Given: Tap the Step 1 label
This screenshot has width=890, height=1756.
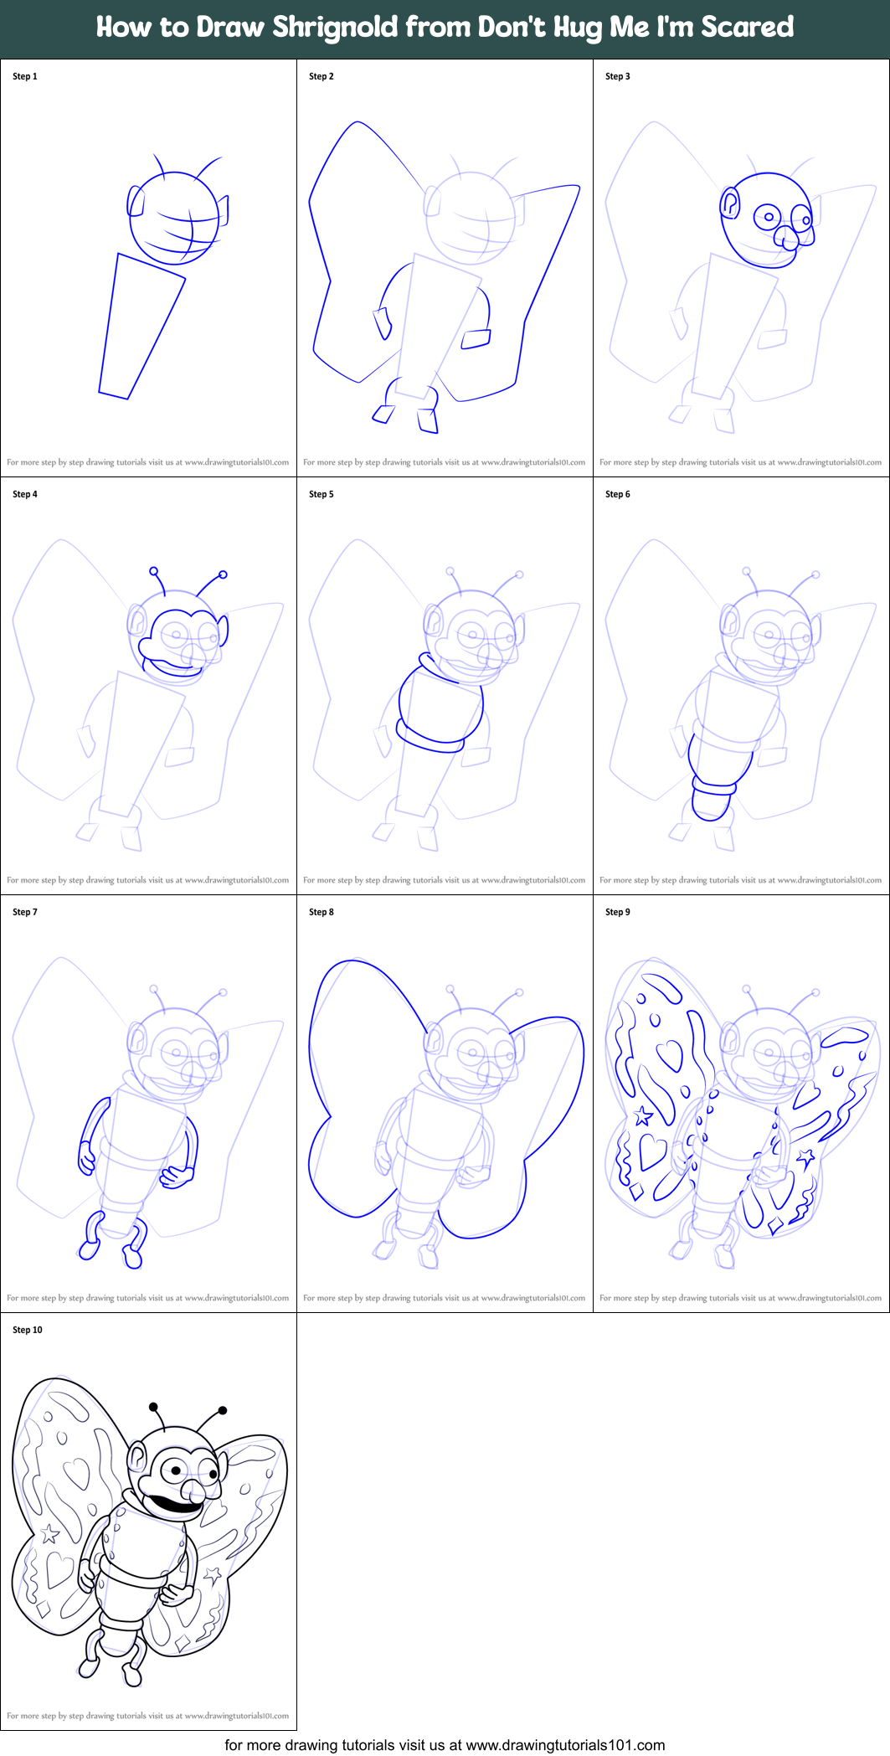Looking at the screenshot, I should [x=25, y=76].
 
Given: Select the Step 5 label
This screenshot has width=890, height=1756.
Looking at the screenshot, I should [x=321, y=494].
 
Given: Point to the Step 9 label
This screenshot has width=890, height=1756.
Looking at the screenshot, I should [x=617, y=912].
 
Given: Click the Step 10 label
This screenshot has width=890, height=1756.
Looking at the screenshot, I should [x=27, y=1330].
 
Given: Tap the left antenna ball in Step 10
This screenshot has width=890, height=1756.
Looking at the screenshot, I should [x=153, y=1407].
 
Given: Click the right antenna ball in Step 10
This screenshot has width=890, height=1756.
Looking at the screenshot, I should [x=223, y=1410].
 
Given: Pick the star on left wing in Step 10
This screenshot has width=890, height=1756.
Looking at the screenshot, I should [x=49, y=1534].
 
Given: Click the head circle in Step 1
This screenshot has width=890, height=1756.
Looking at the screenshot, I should [x=174, y=219].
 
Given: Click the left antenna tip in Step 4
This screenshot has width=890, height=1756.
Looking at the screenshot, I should [x=153, y=571].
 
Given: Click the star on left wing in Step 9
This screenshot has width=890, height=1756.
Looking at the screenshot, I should [x=643, y=1115].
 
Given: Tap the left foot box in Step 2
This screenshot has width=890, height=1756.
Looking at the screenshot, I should [x=383, y=414].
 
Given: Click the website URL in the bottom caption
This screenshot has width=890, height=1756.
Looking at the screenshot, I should [x=565, y=1745].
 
